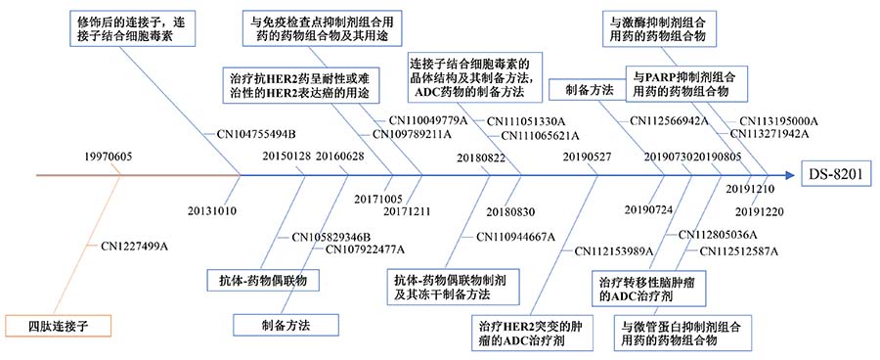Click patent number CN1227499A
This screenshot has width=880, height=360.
[134, 247]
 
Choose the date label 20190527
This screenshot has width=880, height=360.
[588, 157]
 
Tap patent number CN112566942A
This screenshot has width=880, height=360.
[669, 120]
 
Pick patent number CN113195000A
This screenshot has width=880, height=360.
[779, 120]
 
